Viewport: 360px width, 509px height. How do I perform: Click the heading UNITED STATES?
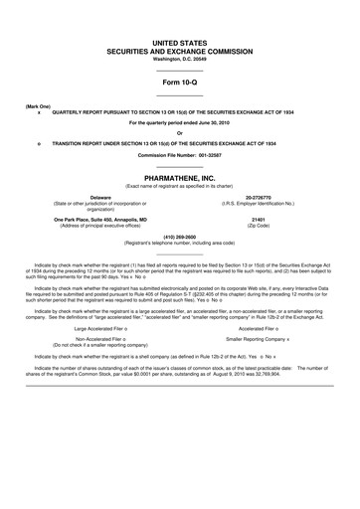[x=179, y=45]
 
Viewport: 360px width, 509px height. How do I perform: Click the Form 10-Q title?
[x=179, y=83]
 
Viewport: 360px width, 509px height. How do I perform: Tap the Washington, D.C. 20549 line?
[x=179, y=62]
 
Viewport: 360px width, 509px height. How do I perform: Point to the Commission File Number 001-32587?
[x=179, y=156]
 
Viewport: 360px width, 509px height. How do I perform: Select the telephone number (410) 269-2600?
[x=179, y=238]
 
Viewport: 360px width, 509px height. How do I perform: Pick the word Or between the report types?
[x=179, y=133]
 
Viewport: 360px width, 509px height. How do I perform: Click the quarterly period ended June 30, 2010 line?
[x=179, y=122]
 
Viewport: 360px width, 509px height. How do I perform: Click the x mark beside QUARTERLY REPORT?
[x=38, y=111]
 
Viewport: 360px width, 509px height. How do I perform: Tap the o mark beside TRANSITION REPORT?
[x=38, y=143]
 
